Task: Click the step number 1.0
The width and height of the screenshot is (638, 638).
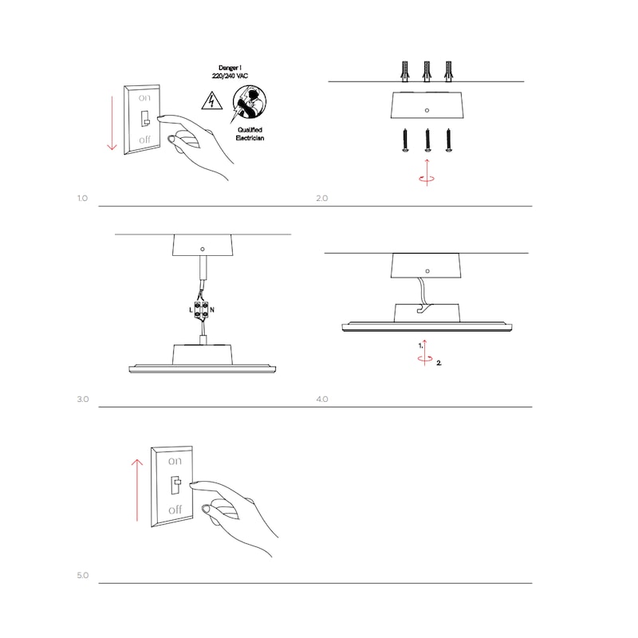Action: (x=82, y=198)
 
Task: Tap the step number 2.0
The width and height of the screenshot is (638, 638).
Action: (x=322, y=198)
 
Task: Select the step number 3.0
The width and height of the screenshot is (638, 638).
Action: (x=83, y=400)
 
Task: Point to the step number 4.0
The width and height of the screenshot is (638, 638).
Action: (x=322, y=400)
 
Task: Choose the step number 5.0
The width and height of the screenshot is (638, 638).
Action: (x=83, y=575)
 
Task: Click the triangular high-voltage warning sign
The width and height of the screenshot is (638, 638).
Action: (x=212, y=101)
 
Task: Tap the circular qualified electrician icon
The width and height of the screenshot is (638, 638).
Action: (x=249, y=103)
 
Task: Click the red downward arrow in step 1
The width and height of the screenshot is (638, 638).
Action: (x=112, y=123)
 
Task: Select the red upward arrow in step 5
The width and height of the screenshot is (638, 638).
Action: (x=137, y=490)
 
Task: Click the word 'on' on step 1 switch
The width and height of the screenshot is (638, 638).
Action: (x=144, y=98)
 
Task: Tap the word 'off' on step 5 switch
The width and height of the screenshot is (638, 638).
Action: (x=175, y=510)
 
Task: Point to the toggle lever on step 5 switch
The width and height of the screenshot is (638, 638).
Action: (x=176, y=484)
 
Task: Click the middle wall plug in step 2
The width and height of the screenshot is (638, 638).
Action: (x=427, y=72)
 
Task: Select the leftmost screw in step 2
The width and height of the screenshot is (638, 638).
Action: (x=405, y=141)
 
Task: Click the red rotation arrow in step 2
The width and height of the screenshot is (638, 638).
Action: (x=427, y=173)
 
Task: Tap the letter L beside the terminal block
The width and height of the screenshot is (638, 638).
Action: (x=191, y=310)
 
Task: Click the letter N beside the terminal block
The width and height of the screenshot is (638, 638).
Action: (x=212, y=310)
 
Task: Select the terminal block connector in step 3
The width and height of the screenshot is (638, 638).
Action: (x=202, y=310)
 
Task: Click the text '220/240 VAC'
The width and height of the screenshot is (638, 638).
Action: (x=230, y=76)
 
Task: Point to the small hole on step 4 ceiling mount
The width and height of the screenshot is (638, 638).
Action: (x=427, y=271)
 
